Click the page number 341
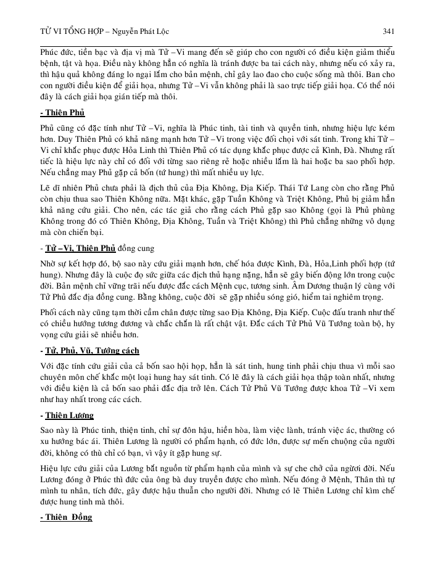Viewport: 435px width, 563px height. [389, 30]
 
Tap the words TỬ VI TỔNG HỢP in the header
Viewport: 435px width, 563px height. [66, 30]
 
